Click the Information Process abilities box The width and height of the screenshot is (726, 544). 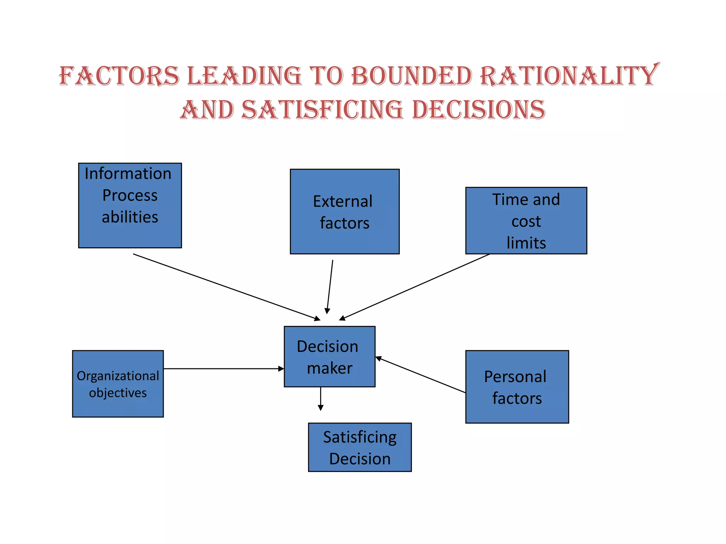coord(130,205)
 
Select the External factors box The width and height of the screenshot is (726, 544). coord(345,211)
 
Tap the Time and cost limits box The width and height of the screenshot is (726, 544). coord(526,221)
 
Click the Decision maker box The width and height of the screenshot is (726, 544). coord(329,356)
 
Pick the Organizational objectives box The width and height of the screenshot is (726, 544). coord(118,384)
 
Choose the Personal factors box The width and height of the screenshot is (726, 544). coord(517,387)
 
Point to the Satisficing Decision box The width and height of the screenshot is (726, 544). coord(360,447)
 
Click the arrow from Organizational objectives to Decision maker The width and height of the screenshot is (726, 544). coord(223,369)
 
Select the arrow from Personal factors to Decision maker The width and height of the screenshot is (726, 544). coord(420,375)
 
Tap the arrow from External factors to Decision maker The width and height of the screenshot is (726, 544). coord(330,287)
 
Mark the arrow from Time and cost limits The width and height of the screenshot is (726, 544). coord(415,287)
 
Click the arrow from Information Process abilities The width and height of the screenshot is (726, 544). coord(227,287)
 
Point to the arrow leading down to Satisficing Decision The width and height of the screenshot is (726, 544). coord(320,398)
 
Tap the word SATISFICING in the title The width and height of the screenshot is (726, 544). coord(322,109)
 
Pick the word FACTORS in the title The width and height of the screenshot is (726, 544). coord(119,76)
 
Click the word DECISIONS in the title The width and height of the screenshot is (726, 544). coord(479,109)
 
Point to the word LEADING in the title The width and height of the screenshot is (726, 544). coord(244,76)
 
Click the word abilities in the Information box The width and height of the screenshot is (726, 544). coord(130,217)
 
